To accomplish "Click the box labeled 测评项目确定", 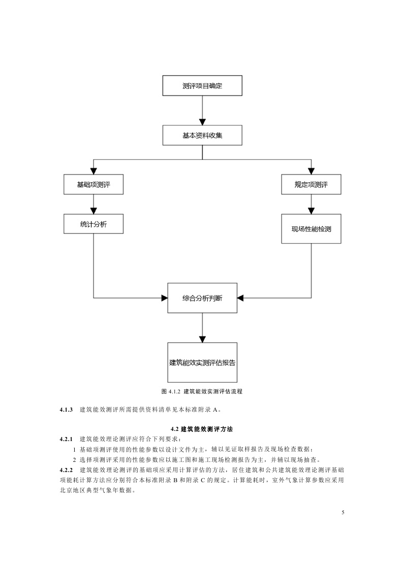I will point(202,85).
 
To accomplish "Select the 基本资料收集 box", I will point(202,136).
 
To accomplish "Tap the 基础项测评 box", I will point(94,184).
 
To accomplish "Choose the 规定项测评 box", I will point(311,184).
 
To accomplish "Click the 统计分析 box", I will point(94,224).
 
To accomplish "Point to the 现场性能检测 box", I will point(311,228).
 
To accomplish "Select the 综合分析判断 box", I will point(202,297).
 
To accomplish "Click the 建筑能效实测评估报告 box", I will point(202,362).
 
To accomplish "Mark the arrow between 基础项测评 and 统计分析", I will point(94,204).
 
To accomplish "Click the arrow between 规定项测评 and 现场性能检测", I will point(311,204).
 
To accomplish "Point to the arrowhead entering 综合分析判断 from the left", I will point(164,297).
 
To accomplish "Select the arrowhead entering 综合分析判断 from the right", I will point(240,297).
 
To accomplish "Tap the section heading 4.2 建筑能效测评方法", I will point(202,429).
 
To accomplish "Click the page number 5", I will point(343,512).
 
